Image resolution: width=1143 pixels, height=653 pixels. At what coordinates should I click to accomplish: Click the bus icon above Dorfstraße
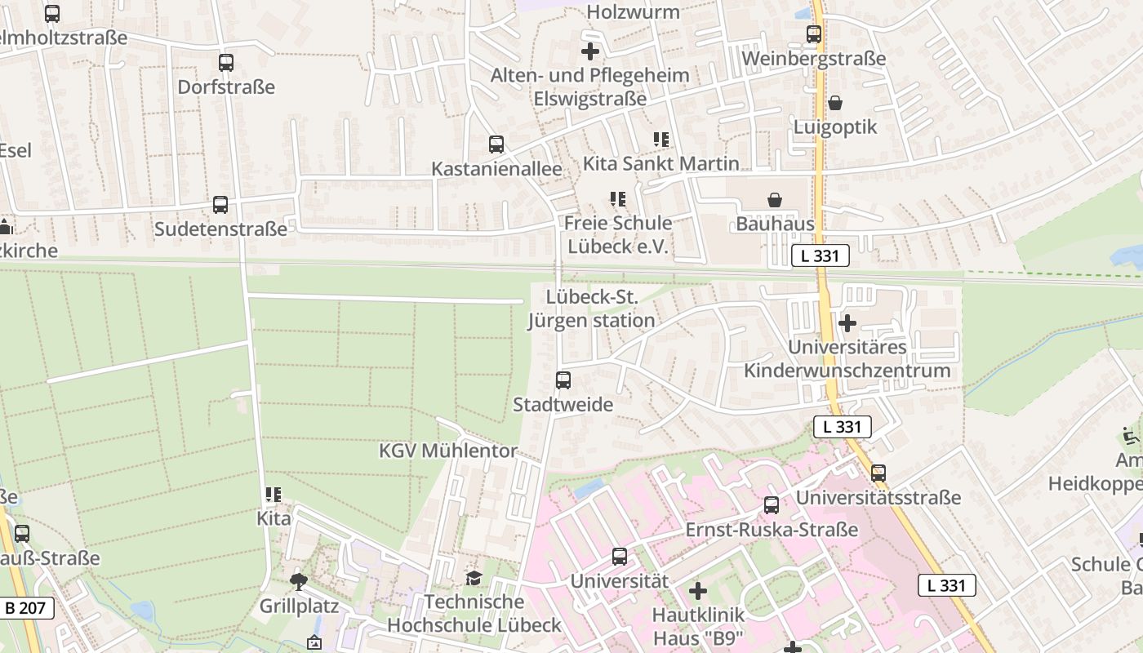click(226, 63)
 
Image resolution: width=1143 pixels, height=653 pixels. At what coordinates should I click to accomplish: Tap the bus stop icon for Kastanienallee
click(496, 144)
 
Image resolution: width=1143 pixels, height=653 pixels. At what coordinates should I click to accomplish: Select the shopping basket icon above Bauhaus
click(775, 200)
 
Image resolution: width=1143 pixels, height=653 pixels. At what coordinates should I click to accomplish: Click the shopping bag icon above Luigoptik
click(835, 103)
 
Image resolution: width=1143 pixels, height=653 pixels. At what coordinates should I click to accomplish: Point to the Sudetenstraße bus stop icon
click(220, 205)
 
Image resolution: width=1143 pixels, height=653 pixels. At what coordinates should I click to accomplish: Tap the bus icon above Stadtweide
click(563, 380)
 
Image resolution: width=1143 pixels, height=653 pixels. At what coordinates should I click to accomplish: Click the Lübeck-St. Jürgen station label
click(592, 309)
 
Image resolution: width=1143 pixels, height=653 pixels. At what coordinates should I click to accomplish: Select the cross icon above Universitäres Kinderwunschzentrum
click(847, 323)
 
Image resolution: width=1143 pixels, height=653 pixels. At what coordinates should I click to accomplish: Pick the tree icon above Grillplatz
click(299, 581)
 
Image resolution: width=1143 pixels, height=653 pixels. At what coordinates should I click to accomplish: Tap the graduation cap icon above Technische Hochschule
click(474, 579)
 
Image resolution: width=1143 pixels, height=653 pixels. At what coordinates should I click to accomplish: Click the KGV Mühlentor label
click(448, 451)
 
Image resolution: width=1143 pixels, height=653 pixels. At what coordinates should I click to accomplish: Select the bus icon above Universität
click(620, 557)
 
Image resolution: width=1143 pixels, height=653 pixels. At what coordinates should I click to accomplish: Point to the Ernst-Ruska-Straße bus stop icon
click(772, 505)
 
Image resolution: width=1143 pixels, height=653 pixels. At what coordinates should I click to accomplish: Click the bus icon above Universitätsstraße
click(878, 473)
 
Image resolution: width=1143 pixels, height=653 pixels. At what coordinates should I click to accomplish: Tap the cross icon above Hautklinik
click(698, 590)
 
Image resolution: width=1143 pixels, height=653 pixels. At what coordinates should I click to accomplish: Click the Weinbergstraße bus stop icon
click(814, 34)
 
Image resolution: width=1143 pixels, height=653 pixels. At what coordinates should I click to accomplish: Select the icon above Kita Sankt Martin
click(661, 140)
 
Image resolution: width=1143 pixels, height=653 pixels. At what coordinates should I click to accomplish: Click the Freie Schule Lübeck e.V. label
click(618, 235)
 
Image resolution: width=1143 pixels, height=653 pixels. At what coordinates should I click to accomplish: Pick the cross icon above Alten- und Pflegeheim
click(590, 51)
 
